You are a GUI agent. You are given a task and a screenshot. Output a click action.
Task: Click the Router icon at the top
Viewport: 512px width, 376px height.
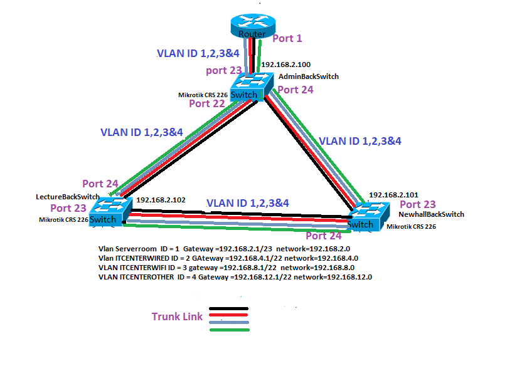[x=252, y=26]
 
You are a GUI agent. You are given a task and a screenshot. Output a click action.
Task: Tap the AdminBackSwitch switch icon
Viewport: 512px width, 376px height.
[x=252, y=86]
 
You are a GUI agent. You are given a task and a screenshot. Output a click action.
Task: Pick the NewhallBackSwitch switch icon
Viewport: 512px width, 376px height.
[x=366, y=216]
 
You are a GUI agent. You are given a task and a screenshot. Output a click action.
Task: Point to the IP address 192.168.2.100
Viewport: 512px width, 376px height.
[x=285, y=65]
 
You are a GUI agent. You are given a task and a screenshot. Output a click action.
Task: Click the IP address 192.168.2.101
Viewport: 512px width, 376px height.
[x=393, y=195]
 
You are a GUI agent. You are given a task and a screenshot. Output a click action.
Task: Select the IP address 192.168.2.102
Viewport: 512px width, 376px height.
[x=161, y=200]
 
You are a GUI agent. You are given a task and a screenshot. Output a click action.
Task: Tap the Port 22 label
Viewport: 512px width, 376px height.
[x=206, y=103]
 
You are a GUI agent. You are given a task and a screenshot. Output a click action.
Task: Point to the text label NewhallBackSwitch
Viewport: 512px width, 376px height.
[x=431, y=214]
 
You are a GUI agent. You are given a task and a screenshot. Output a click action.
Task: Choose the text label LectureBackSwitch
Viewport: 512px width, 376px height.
[x=68, y=197]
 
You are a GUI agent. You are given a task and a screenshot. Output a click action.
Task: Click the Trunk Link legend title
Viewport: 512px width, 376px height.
[x=177, y=316]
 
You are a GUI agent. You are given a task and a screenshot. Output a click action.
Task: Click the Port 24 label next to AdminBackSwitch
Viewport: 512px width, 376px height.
[x=296, y=90]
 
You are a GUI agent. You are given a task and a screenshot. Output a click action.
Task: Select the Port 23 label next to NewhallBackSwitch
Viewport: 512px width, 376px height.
[x=417, y=204]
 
